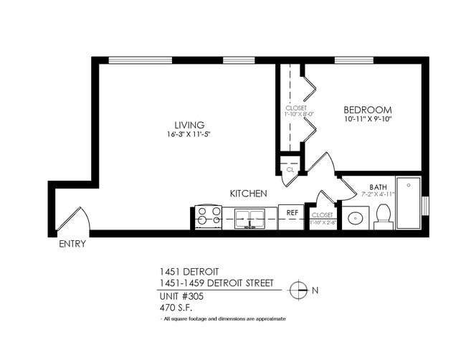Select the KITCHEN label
coord(249,194)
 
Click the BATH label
coord(378,187)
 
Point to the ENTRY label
coord(72,244)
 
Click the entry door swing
coord(73,219)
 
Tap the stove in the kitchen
coord(208,217)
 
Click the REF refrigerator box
coord(293,213)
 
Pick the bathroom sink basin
coord(354,218)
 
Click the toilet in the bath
coord(383,215)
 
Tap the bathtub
coord(408,202)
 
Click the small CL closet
coord(290,169)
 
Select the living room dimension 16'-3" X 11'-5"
coord(189,134)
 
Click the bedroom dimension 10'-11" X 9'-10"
coord(369,118)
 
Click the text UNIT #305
coord(181,296)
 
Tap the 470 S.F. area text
coord(177,307)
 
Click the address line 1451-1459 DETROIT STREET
coord(216,283)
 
